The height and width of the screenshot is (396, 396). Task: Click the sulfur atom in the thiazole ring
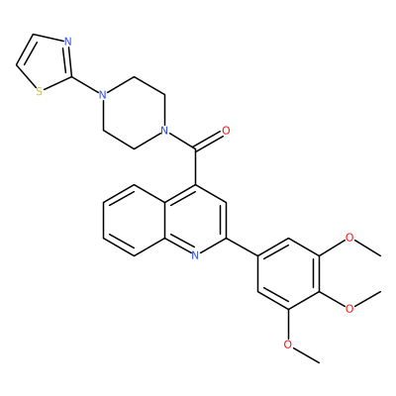40,91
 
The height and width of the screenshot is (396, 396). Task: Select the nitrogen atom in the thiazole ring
67,42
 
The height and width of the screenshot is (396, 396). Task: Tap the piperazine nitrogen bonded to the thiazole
103,95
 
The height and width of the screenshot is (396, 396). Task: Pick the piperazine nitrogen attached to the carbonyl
164,131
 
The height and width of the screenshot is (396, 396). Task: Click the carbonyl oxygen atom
226,131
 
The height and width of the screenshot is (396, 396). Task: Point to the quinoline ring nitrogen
195,254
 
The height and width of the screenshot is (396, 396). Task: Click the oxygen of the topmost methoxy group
349,238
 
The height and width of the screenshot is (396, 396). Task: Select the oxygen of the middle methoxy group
349,309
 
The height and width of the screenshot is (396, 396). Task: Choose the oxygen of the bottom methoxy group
288,345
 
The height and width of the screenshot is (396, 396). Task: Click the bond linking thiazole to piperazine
85,85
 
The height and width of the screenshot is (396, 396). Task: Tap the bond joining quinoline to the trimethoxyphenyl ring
242,247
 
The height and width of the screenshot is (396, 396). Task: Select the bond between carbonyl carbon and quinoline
195,166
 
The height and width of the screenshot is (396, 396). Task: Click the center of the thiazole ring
46,62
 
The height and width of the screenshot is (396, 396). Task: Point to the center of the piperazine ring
134,113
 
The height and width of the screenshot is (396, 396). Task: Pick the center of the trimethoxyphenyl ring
288,273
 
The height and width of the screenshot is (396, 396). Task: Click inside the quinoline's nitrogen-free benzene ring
134,220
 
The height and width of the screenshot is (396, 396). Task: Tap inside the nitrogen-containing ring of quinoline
195,220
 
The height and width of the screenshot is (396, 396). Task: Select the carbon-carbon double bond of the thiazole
25,49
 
